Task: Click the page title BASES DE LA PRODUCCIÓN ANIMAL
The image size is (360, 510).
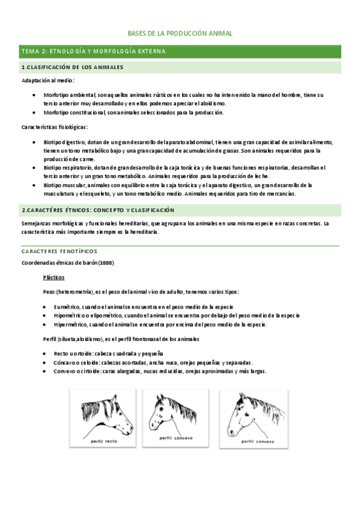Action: pos(180,34)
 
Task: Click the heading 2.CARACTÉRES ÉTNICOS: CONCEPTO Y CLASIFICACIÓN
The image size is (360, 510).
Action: pos(97,210)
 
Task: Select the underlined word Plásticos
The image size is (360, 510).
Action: pos(54,277)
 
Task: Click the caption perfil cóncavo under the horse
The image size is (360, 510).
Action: pos(176,438)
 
